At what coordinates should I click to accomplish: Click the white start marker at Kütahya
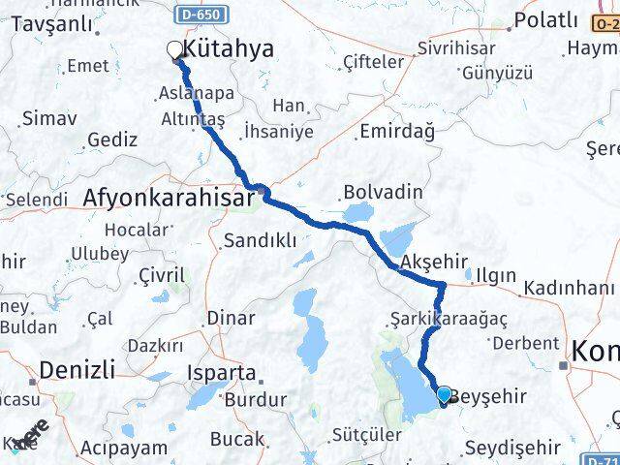tap(175, 49)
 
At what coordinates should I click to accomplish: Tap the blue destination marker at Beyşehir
tap(444, 395)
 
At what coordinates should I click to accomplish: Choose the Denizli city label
tap(77, 369)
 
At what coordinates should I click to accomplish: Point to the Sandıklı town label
tap(260, 240)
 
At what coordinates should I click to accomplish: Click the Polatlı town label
tap(546, 20)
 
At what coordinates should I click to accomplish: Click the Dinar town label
tap(232, 317)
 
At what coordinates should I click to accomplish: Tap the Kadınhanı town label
tap(569, 289)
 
